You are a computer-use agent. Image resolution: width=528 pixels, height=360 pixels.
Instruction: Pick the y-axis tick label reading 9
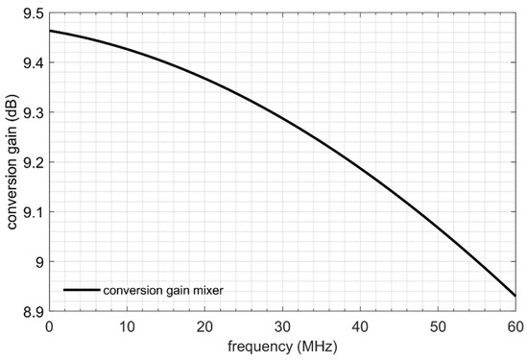39,262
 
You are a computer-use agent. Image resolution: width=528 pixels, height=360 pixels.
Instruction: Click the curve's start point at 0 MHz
49,31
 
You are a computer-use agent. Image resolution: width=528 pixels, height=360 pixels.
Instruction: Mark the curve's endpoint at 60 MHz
516,296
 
